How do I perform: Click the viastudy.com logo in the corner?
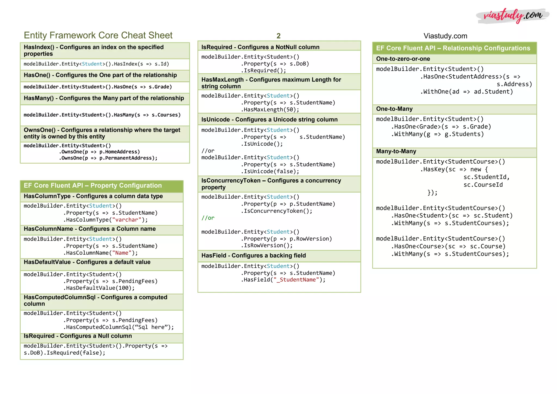[512, 16]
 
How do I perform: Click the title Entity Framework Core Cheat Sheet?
[98, 35]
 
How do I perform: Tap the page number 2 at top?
[278, 36]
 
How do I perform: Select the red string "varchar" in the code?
[126, 220]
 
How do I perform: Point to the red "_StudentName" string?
[296, 280]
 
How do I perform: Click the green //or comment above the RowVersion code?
[208, 218]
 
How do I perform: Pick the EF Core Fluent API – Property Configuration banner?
[93, 186]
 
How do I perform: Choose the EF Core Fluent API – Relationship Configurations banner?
[453, 48]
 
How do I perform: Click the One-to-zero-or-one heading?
[403, 59]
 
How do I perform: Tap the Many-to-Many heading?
[396, 151]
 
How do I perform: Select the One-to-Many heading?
[394, 109]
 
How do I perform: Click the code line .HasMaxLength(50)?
[270, 110]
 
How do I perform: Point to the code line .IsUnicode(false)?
[270, 171]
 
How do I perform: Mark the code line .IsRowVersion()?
[267, 246]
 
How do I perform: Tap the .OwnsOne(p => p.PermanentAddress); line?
[108, 158]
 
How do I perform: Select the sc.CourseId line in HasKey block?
[483, 185]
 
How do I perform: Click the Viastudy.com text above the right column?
[445, 36]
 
